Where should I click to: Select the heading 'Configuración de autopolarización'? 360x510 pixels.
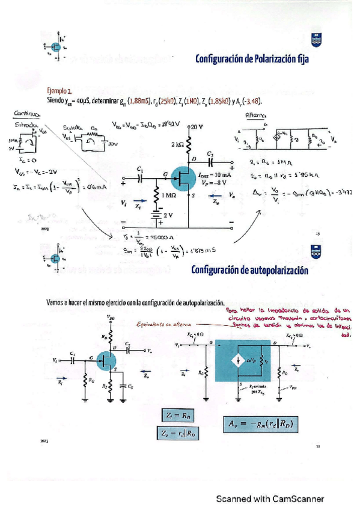(249, 270)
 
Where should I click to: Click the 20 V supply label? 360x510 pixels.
(197, 127)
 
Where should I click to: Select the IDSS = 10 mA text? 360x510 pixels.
(214, 174)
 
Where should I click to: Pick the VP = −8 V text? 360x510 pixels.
(213, 182)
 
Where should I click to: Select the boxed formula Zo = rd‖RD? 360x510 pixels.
(180, 432)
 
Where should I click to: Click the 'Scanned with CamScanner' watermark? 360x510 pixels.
(270, 499)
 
